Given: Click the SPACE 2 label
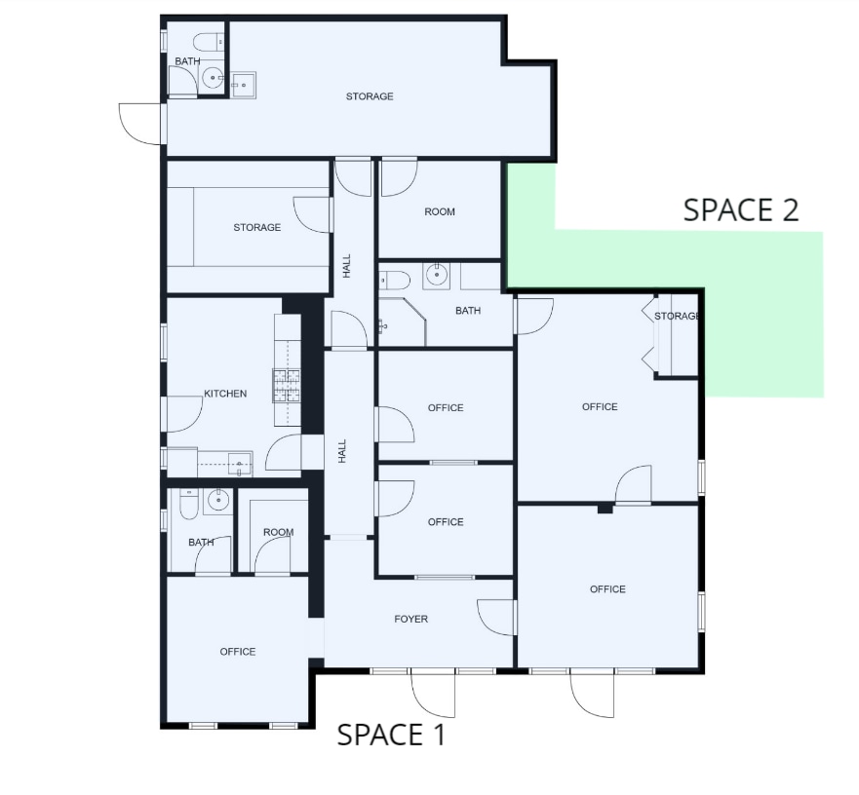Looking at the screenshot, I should click(741, 209).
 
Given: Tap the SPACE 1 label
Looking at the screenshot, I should click(391, 735).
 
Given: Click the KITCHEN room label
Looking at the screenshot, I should click(225, 394).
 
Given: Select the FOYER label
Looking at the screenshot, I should click(410, 619).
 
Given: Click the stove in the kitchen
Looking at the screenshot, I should click(287, 386).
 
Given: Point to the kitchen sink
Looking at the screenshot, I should click(239, 462).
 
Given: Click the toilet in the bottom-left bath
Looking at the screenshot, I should click(187, 505).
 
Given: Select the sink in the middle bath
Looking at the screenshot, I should click(437, 275).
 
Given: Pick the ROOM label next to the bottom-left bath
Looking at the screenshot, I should click(278, 532).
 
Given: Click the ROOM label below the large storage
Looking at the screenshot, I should click(440, 211).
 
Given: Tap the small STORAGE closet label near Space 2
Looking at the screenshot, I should click(678, 316).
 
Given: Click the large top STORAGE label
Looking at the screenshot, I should click(370, 96).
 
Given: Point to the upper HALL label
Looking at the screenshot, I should click(346, 266).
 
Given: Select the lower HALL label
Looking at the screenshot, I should click(342, 450).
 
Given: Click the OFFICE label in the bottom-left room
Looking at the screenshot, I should click(237, 652).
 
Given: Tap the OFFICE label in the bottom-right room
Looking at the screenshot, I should click(607, 588).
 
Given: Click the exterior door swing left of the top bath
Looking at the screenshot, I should click(139, 123).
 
